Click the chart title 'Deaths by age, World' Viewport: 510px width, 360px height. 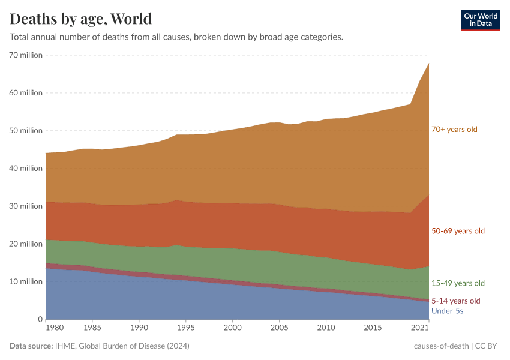pos(81,19)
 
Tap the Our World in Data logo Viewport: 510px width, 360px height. pos(480,20)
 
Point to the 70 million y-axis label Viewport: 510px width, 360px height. pos(26,55)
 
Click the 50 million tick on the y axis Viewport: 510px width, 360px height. pos(26,131)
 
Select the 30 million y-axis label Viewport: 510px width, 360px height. pos(26,206)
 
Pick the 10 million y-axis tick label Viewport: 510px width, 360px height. pos(26,281)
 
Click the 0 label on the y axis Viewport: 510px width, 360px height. pos(39,319)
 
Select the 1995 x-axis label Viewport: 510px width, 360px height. pos(186,328)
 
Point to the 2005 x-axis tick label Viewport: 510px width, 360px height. pos(279,328)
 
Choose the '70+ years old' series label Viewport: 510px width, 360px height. pos(455,129)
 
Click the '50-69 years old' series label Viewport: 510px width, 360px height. pos(458,231)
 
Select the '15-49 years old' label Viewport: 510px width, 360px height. pos(458,283)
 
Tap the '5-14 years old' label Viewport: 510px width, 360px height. pos(456,301)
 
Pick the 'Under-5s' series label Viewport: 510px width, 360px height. pos(447,311)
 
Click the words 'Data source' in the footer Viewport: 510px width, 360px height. pos(30,346)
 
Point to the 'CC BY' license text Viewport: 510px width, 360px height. pos(488,346)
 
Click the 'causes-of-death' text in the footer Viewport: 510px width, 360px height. pos(441,346)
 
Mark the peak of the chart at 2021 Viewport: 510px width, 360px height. pos(428,63)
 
